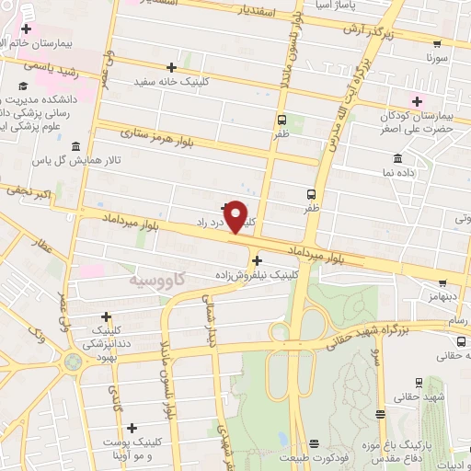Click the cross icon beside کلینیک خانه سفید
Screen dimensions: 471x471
coord(172,67)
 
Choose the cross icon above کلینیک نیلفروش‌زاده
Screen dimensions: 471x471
coord(256,260)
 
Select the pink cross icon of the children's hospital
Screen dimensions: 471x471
coord(416,101)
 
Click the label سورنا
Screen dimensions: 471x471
coord(436,57)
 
